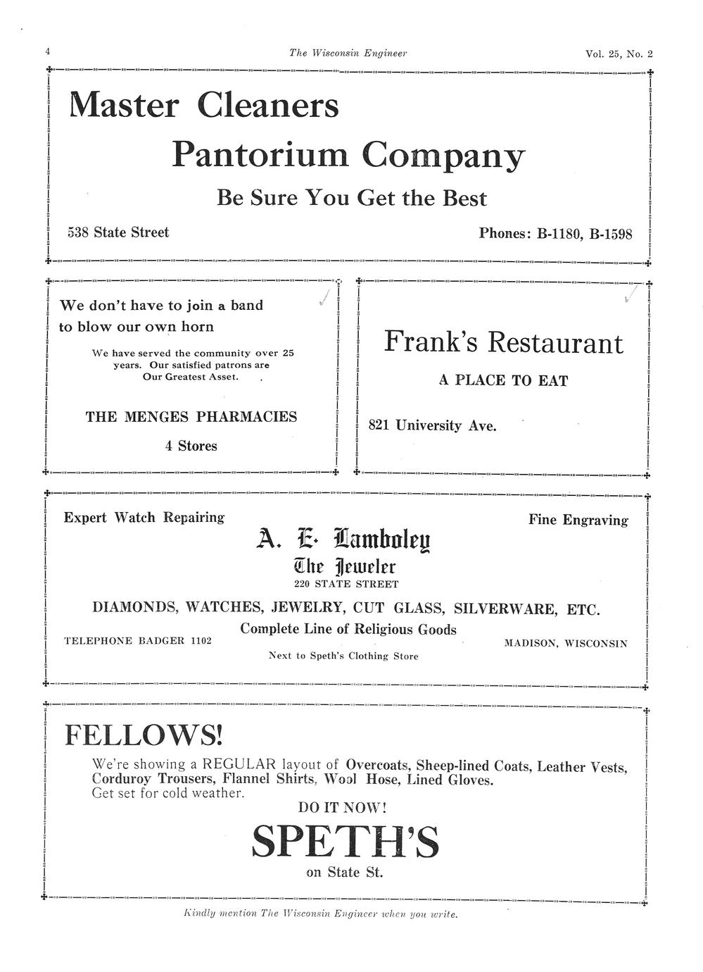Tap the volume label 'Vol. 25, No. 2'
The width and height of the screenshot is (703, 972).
point(619,54)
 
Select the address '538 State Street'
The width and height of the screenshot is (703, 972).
point(118,232)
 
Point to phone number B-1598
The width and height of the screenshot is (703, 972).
point(610,233)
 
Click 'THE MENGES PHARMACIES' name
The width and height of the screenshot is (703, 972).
point(191,416)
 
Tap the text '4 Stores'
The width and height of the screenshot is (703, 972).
point(191,446)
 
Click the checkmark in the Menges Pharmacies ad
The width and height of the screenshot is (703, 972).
point(324,299)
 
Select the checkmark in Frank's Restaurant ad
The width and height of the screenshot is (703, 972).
point(631,295)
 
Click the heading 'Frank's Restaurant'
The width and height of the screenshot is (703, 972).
point(503,342)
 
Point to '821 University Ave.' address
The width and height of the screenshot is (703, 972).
point(432,425)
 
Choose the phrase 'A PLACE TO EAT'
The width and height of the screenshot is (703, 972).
point(503,380)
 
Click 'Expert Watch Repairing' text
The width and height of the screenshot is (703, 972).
point(144,518)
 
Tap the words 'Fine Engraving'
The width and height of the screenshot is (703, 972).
point(578,520)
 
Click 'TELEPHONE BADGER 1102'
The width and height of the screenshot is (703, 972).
point(138,640)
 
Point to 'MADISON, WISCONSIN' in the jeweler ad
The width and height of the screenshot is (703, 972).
point(566,643)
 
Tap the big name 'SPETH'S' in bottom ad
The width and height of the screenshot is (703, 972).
point(345,841)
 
